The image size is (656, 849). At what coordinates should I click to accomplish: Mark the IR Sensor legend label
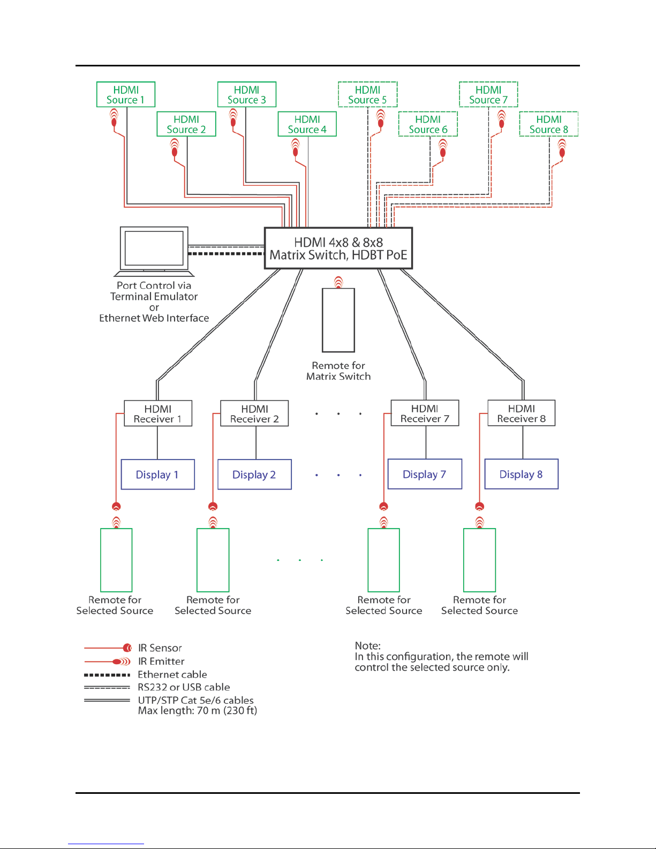point(160,648)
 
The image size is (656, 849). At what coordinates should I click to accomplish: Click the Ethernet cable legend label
point(172,674)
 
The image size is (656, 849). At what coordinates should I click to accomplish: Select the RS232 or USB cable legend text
point(184,687)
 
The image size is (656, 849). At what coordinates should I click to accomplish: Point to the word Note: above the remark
point(367,645)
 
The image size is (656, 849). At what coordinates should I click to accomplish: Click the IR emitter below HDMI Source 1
point(114,117)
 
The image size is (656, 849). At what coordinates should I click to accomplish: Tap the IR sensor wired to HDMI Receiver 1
point(116,506)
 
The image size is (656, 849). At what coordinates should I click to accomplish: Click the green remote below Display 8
point(479,560)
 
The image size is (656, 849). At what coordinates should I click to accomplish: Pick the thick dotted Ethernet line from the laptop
point(226,253)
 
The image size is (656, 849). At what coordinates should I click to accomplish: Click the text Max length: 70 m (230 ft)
point(198,710)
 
